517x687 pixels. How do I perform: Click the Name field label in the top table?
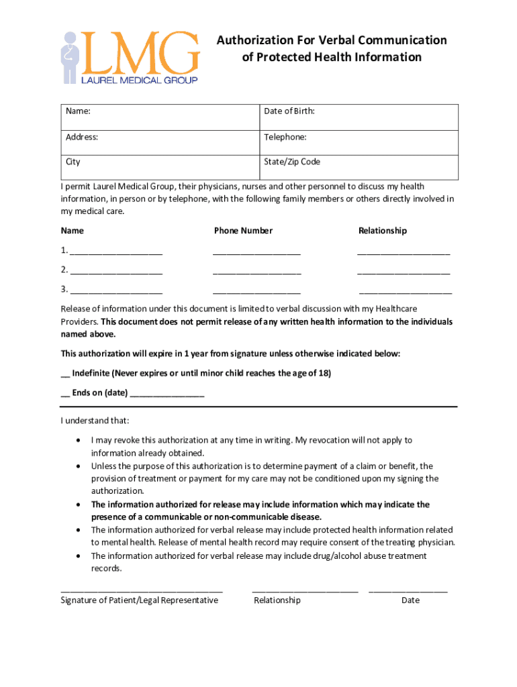coord(78,111)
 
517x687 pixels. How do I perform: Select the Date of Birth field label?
coord(289,111)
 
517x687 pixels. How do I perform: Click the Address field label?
coord(82,137)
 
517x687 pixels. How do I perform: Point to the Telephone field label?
coord(285,137)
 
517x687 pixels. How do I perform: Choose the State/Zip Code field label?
coord(292,162)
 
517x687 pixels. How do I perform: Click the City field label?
coord(73,162)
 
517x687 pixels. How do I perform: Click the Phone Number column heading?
coord(243,231)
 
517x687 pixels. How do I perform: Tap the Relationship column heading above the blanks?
coord(383,231)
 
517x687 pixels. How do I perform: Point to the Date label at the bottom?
coord(410,600)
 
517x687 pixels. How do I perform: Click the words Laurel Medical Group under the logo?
coord(139,80)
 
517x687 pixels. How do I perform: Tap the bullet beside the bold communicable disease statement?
coord(79,505)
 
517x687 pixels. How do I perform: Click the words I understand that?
coord(95,421)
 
